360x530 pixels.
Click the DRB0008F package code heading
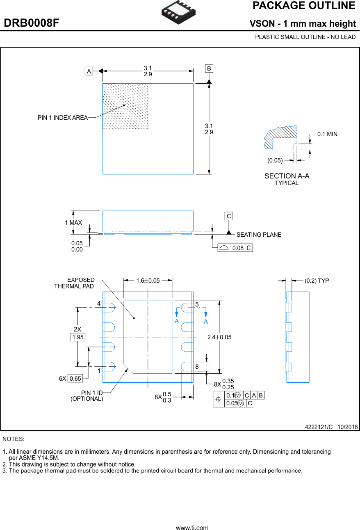(x=32, y=23)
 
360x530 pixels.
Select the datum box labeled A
(x=89, y=71)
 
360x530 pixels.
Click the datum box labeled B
(x=209, y=69)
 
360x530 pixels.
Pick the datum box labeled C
(x=229, y=216)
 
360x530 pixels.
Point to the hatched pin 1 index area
(x=125, y=106)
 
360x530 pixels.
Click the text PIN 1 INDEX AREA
(x=63, y=118)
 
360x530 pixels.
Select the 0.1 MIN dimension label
(x=327, y=134)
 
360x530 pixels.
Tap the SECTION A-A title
(x=287, y=176)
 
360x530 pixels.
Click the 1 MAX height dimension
(x=73, y=223)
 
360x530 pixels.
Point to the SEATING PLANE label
(x=259, y=235)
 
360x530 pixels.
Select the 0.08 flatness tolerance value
(x=238, y=248)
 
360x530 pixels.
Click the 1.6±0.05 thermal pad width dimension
(x=148, y=281)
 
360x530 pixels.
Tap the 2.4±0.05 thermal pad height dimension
(x=219, y=337)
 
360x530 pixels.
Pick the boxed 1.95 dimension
(x=77, y=337)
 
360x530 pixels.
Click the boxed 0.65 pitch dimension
(x=75, y=379)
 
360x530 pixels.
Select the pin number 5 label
(x=197, y=304)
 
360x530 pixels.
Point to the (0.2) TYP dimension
(x=317, y=281)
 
